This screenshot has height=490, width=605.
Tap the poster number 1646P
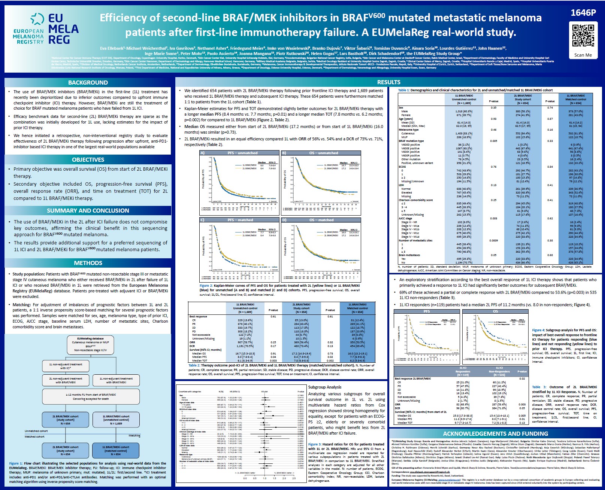[583, 13]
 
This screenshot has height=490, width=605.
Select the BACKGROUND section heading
[88, 82]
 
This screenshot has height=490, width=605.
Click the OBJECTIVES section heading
[88, 159]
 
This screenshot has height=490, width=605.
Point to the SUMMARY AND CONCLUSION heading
[88, 210]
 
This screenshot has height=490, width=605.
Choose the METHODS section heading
[88, 263]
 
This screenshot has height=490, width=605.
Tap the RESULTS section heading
[388, 82]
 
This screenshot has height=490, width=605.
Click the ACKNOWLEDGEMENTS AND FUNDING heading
[496, 433]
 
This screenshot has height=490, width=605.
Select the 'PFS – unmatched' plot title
[242, 153]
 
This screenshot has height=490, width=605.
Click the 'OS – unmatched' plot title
[324, 153]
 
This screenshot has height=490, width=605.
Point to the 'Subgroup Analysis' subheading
[325, 387]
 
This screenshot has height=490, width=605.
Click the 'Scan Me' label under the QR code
[583, 55]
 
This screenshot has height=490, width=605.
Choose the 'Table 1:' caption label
[403, 90]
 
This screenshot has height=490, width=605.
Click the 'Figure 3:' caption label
[314, 444]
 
